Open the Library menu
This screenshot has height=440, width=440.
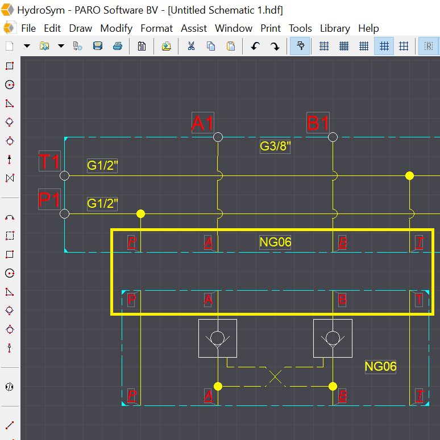point(335,28)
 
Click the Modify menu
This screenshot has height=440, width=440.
point(116,28)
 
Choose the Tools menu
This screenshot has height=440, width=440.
point(300,28)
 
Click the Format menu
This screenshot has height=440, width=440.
point(156,28)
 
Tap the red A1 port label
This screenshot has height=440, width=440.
point(202,123)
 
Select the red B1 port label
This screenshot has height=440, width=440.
point(318,123)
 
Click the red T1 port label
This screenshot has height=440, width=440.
point(49,162)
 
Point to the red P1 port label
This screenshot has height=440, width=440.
point(49,200)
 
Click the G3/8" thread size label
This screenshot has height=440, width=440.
point(275,146)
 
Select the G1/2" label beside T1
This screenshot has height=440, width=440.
point(102,166)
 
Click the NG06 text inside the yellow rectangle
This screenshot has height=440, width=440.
point(275,242)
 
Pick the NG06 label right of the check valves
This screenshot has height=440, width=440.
point(380,367)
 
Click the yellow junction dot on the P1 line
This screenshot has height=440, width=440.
point(140,214)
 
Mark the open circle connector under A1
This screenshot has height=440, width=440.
point(218,137)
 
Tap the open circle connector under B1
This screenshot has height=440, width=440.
point(333,137)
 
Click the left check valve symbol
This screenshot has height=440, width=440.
point(218,338)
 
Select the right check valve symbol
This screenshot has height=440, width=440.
point(333,338)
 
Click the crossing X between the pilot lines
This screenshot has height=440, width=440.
point(275,376)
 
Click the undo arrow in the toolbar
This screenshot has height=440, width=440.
point(255,47)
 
